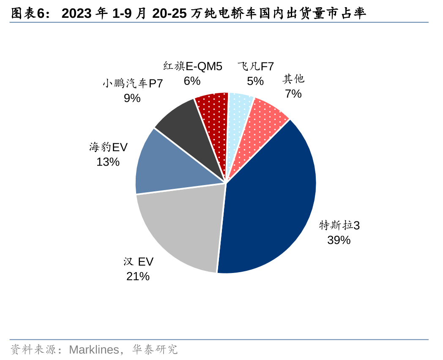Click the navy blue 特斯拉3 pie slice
[271, 199]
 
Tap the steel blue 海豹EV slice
[169, 165]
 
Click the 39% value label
[339, 240]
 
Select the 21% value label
[138, 276]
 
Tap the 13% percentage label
[108, 162]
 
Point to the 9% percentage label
[132, 98]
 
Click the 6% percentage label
[192, 81]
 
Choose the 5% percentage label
[255, 81]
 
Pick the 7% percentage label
[293, 94]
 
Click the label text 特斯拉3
[339, 226]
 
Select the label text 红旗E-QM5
[192, 66]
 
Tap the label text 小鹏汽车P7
[132, 84]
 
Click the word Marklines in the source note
[94, 350]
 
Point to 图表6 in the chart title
[28, 14]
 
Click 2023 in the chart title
[77, 14]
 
